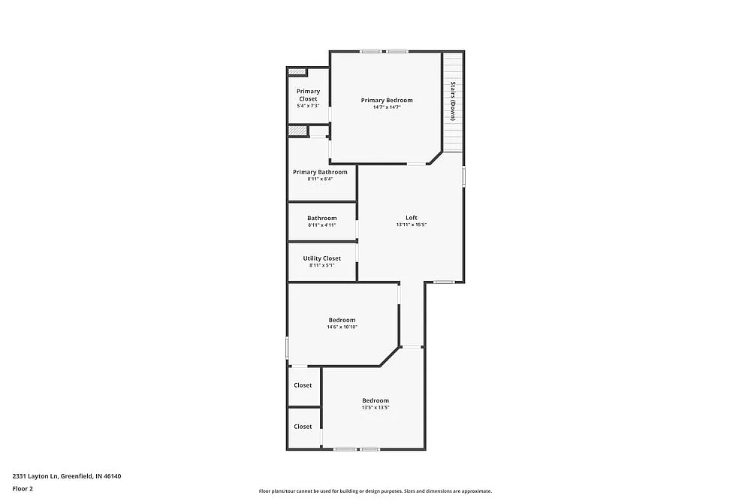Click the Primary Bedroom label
[x=386, y=100]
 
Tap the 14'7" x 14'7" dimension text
[x=386, y=107]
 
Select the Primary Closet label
[x=308, y=95]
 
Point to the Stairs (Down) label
[x=453, y=101]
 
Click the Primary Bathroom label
[x=320, y=172]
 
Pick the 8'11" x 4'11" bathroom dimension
[x=321, y=225]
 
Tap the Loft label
[x=412, y=218]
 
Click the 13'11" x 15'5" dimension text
[x=412, y=225]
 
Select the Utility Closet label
[x=321, y=258]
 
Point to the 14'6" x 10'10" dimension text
[x=342, y=327]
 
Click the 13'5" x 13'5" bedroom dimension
[x=375, y=407]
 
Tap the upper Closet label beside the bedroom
[x=303, y=385]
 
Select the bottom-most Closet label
[x=303, y=427]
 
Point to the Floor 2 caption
[x=23, y=488]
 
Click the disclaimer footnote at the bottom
[x=375, y=490]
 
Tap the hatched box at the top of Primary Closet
[x=297, y=72]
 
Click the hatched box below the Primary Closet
[x=297, y=131]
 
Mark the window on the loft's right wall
[x=463, y=176]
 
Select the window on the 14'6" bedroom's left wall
[x=288, y=347]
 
